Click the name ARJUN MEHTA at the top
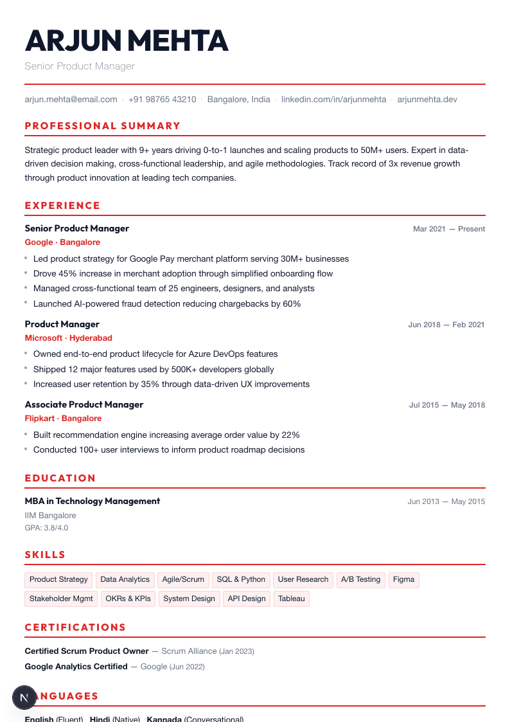coord(127,41)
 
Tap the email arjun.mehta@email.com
coord(71,100)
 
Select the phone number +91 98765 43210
coord(163,100)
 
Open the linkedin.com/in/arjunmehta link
coord(334,100)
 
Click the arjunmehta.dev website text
coord(427,100)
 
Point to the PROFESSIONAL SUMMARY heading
coord(103,126)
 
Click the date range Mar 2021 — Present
coord(449,229)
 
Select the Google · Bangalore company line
coord(62,242)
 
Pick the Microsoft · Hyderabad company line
coord(68,338)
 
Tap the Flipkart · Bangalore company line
coord(63,419)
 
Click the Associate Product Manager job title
coord(84,404)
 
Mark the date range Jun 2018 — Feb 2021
coord(446,325)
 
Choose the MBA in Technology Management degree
coord(92,501)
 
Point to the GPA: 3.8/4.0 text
coord(46,528)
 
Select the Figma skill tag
coord(403,579)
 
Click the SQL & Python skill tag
coord(241,579)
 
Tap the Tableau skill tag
coord(292,599)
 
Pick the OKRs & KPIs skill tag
coord(128,599)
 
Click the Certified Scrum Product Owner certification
coord(87,651)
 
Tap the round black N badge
coord(24,698)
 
